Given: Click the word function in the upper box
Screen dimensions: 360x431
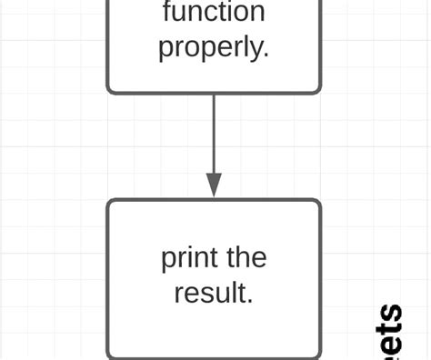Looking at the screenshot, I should click(214, 13).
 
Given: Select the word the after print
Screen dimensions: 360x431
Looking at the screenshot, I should click(246, 258).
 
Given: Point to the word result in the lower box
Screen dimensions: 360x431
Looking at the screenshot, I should click(210, 293).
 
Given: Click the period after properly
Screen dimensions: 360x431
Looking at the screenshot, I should click(266, 55).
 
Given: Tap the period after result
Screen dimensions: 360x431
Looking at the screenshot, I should click(250, 300).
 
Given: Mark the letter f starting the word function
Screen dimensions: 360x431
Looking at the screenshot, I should click(167, 12).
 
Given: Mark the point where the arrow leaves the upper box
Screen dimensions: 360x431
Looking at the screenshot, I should click(214, 94).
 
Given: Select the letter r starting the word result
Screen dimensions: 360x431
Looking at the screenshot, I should click(178, 294).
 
